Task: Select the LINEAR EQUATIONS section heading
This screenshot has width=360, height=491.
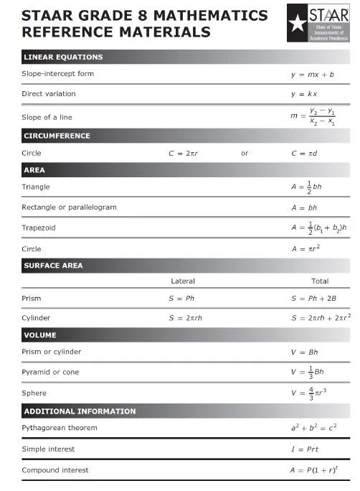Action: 63,57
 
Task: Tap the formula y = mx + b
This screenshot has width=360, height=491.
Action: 313,74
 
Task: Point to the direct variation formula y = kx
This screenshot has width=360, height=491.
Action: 304,94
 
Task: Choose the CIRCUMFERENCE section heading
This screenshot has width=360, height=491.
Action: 57,136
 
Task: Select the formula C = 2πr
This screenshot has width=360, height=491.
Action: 184,153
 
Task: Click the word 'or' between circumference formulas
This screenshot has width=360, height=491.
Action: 245,153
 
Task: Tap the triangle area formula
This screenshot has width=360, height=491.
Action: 306,187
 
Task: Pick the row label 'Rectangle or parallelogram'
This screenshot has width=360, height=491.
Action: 69,207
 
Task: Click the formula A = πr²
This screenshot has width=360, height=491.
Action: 304,248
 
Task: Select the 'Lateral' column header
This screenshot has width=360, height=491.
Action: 183,281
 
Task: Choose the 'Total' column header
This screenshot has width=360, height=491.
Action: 320,281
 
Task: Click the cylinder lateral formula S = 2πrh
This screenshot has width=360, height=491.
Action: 185,318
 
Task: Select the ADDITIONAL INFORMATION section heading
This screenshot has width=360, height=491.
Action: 80,411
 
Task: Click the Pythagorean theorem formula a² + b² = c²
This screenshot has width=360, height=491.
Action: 314,428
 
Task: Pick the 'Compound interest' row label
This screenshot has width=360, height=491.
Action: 55,470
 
